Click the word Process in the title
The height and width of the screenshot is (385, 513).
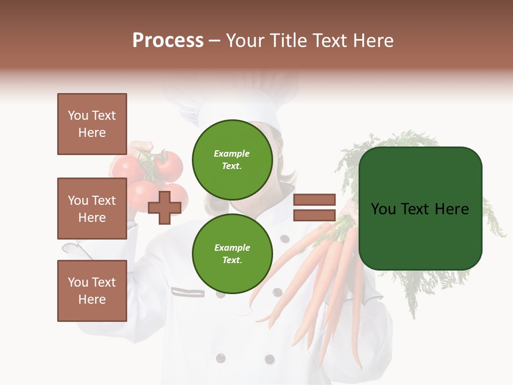pos(168,41)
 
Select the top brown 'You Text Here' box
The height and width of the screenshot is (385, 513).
pos(92,124)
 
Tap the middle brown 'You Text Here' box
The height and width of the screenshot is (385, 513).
pos(92,209)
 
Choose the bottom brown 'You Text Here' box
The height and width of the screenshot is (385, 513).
pos(92,291)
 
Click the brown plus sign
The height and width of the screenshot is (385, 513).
pos(164,207)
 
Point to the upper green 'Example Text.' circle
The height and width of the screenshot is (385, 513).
pos(232,160)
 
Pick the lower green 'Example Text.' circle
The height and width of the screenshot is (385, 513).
pos(232,254)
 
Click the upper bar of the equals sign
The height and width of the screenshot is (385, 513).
pos(314,199)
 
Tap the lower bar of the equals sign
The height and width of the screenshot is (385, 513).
pos(314,215)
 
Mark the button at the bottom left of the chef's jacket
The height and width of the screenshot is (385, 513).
pos(220,357)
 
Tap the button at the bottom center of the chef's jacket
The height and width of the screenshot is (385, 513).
pos(269,359)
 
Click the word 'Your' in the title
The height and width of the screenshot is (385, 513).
pos(246,41)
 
